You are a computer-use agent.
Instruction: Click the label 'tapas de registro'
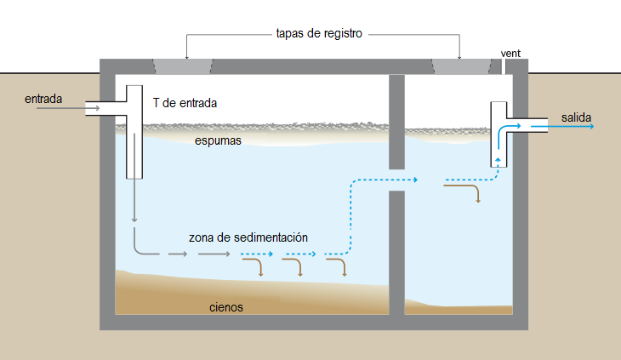point(319,34)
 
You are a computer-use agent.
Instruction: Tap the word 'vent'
point(510,54)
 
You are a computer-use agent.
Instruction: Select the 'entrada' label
point(43,99)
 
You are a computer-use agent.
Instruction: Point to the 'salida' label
point(576,117)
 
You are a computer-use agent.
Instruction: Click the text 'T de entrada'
point(185,103)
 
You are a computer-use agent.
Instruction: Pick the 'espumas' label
point(218,141)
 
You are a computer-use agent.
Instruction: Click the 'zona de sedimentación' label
point(248,237)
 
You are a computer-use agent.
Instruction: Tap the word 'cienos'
point(226,307)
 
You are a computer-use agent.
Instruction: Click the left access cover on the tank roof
point(183,66)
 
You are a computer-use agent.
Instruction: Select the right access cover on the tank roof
point(462,66)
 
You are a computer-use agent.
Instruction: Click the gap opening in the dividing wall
point(396,180)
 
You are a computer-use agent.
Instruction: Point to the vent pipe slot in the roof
point(504,66)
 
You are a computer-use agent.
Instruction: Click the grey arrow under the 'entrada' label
point(67,108)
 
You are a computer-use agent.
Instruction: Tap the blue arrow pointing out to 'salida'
point(562,126)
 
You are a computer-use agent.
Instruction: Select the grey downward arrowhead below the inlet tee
point(134,219)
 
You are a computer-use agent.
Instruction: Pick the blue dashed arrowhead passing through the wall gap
point(415,180)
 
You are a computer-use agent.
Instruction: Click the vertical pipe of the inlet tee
point(134,132)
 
